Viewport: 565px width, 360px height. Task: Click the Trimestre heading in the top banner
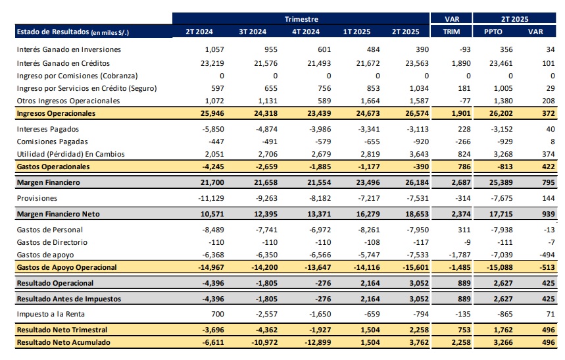[x=301, y=19]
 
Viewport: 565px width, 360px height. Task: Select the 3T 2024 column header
[x=253, y=32]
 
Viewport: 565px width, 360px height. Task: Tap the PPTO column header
[x=493, y=32]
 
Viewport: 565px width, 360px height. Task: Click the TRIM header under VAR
[x=451, y=32]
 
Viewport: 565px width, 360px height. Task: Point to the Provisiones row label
[x=37, y=198]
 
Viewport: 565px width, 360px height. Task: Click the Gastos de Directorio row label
[x=52, y=242]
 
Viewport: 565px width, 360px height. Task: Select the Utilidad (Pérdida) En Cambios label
[x=70, y=154]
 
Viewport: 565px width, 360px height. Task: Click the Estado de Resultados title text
[x=53, y=32]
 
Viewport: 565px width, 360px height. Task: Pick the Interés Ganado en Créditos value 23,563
[x=417, y=63]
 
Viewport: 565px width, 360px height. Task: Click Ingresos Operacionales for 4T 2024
[x=319, y=113]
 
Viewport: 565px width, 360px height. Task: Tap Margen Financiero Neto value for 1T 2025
[x=368, y=214]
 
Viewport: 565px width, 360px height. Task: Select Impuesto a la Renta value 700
[x=218, y=314]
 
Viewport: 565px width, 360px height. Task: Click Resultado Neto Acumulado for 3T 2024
[x=264, y=342]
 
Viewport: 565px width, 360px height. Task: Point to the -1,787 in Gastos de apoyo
[x=460, y=255]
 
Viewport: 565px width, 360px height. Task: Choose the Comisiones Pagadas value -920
[x=421, y=141]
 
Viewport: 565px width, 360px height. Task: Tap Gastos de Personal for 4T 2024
[x=320, y=230]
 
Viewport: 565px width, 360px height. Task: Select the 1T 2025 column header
[x=356, y=32]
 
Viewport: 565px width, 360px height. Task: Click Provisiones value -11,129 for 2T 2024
[x=211, y=198]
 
